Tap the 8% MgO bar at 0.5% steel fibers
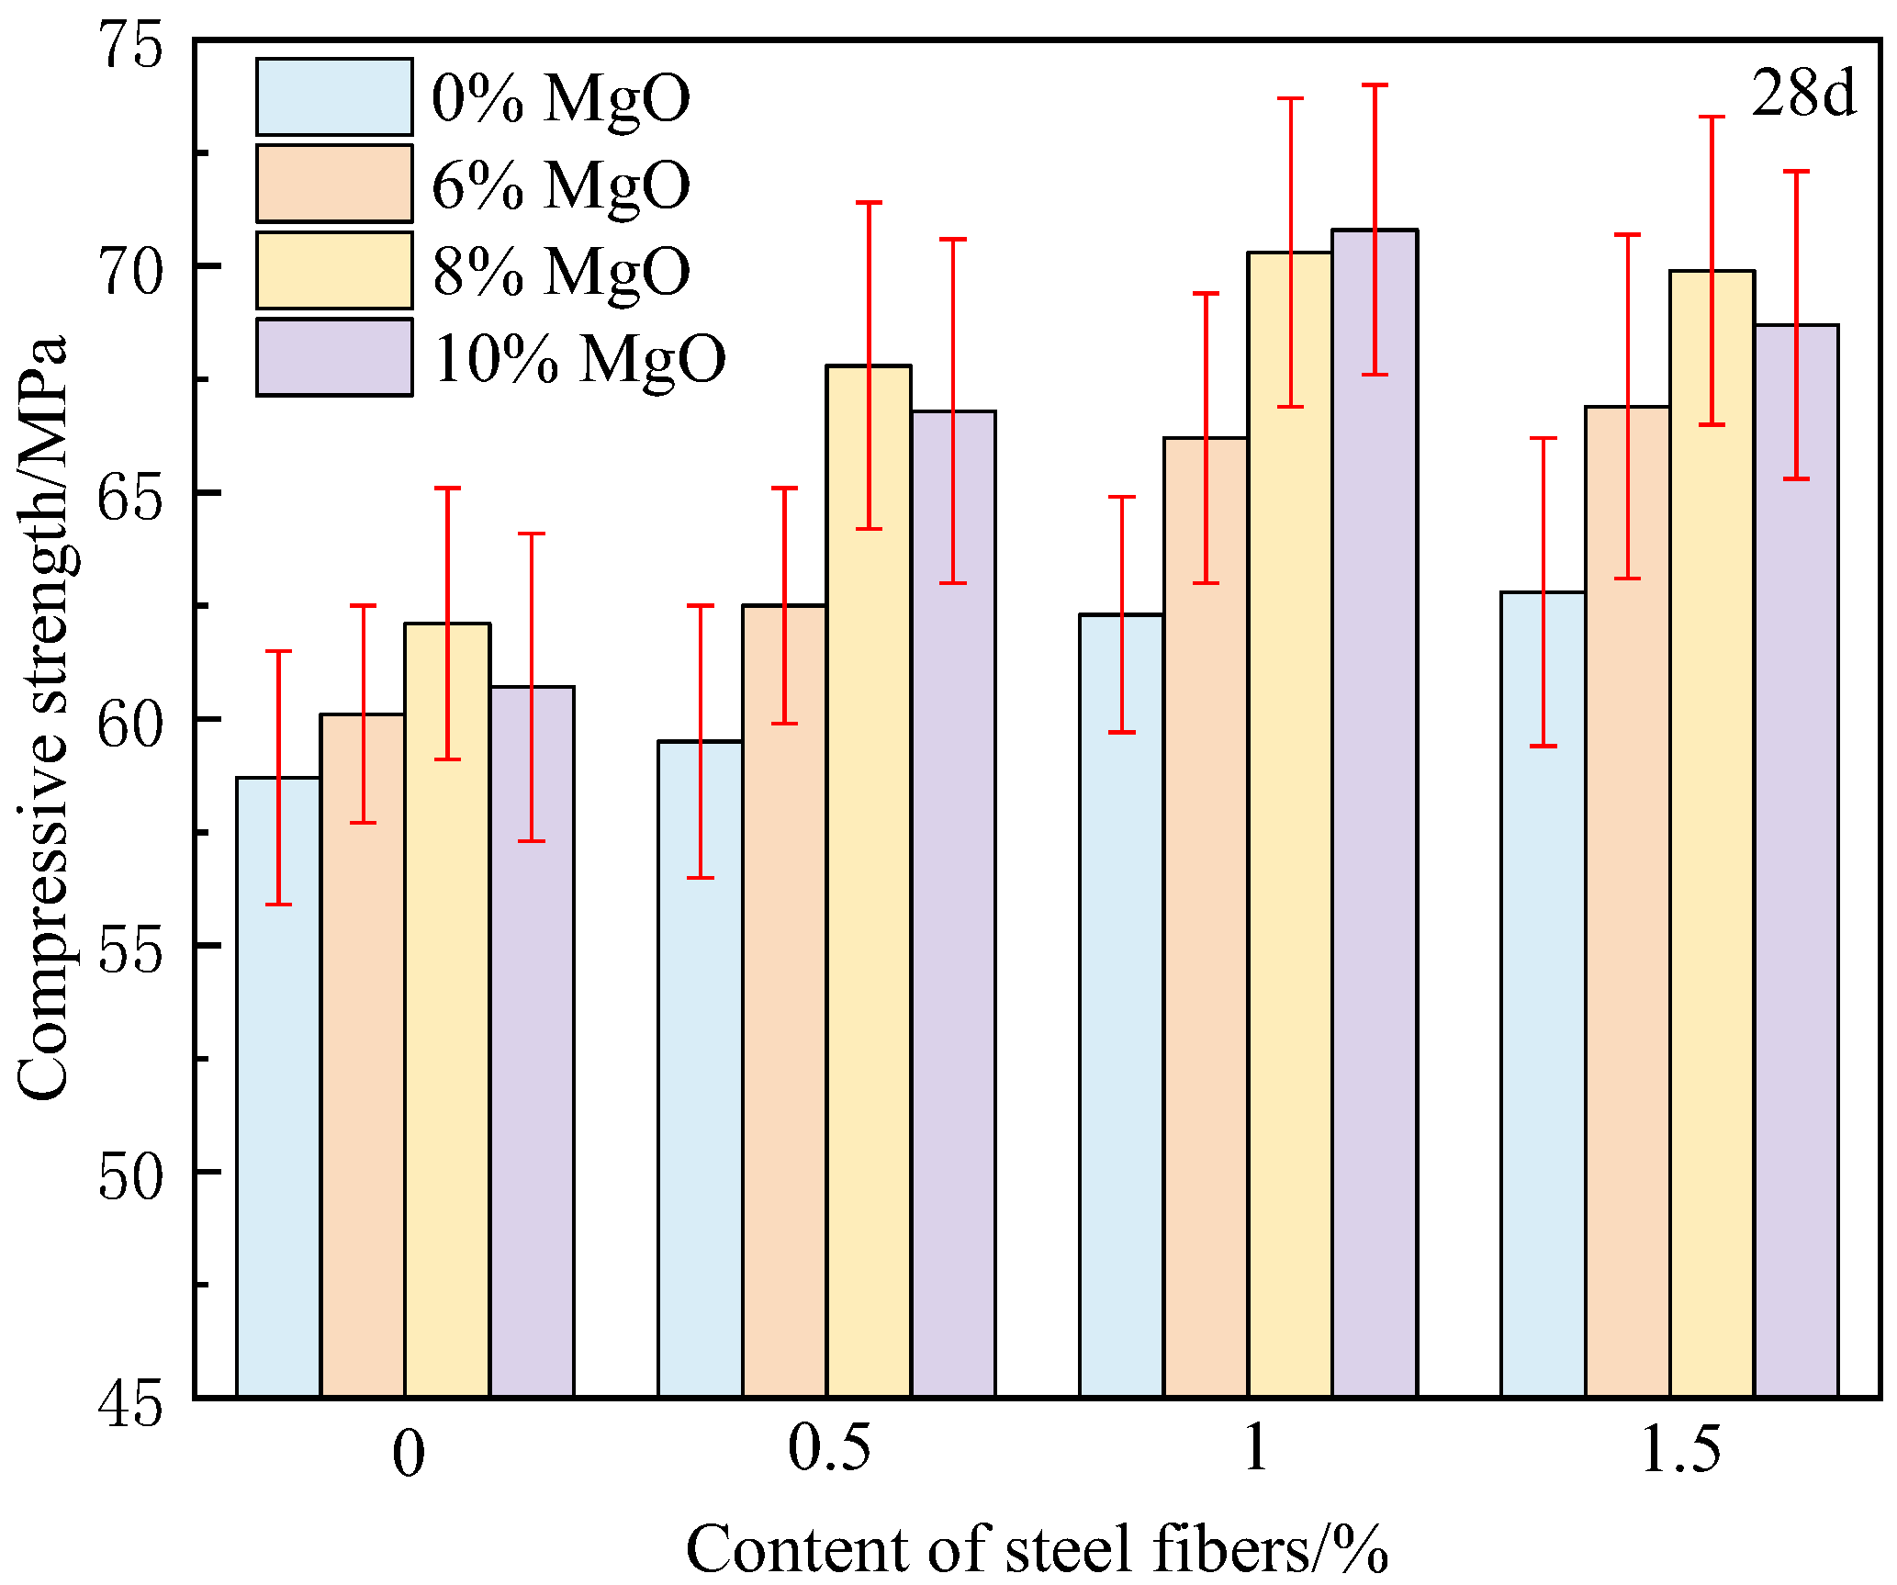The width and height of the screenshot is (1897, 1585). point(869,882)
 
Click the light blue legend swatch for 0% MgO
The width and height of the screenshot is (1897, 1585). point(334,96)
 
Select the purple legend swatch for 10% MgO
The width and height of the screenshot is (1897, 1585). point(334,357)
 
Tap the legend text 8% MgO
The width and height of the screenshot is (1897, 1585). point(561,271)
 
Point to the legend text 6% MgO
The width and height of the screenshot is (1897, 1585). point(561,185)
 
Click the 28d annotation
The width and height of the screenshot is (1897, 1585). point(1802,93)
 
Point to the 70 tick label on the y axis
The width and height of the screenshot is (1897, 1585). point(129,268)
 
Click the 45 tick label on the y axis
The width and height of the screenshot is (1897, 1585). point(129,1402)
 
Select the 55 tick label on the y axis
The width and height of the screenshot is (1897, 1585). point(129,948)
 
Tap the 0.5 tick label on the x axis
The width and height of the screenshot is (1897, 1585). point(829,1449)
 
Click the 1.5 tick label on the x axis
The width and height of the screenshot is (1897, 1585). point(1680,1449)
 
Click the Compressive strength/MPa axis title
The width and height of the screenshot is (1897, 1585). point(43,716)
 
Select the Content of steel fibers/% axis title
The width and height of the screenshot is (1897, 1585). point(1038,1548)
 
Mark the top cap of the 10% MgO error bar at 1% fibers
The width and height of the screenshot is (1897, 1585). point(1375,85)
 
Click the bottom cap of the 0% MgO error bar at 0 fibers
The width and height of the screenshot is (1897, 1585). point(278,905)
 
